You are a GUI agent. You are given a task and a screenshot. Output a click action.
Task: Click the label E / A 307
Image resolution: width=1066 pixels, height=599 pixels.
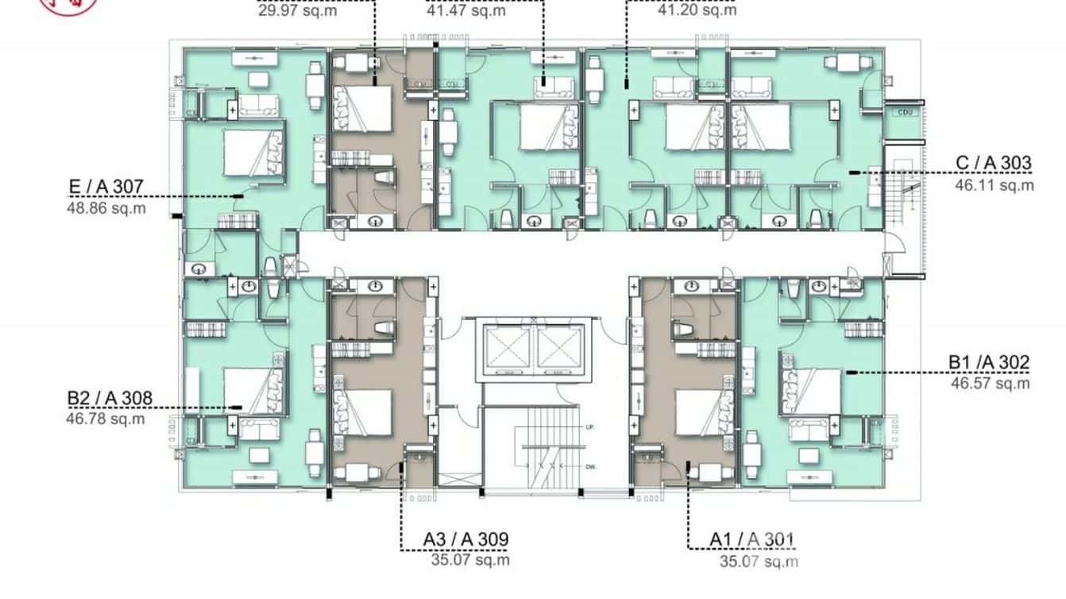(106, 187)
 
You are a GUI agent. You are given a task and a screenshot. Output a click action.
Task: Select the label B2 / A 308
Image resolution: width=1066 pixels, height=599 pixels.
(109, 398)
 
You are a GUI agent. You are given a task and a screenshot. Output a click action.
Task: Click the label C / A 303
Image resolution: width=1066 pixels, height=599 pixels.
(993, 164)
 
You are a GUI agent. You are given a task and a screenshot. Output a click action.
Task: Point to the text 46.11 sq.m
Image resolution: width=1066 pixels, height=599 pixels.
(994, 185)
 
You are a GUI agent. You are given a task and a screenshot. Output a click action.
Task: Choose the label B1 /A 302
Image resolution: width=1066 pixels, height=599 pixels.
(989, 363)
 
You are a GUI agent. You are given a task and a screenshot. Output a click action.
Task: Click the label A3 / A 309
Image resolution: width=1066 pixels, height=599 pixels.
(465, 539)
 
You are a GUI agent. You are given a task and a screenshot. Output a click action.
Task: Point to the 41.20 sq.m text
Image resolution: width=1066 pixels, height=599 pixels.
(697, 11)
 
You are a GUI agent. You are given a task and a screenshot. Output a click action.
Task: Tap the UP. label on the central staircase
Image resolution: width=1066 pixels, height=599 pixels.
(589, 427)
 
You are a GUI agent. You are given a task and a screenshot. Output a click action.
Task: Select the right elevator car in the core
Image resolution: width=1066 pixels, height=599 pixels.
(559, 348)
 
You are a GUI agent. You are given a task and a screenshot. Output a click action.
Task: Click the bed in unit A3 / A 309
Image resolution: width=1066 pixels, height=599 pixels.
(365, 412)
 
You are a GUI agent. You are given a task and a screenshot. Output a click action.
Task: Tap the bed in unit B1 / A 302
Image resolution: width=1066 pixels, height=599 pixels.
(812, 392)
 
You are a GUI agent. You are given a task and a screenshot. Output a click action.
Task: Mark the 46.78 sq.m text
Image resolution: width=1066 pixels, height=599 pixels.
(106, 419)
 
